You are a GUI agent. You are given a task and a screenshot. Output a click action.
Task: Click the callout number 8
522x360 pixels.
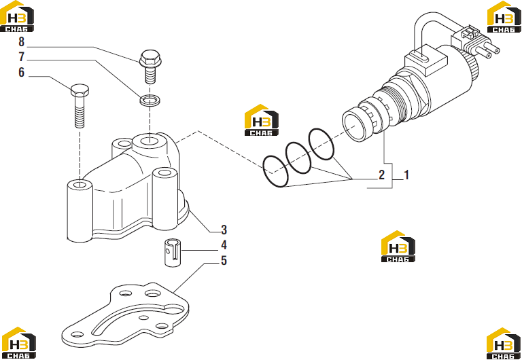pos(22,42)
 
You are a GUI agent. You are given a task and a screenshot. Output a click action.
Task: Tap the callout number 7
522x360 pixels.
pos(22,57)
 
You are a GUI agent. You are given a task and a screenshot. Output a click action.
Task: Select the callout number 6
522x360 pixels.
pos(22,72)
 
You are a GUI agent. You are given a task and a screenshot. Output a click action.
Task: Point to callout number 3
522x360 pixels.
pos(224,230)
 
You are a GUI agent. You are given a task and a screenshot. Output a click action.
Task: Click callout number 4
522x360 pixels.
pos(224,245)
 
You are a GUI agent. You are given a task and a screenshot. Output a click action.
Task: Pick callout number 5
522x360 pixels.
pos(224,261)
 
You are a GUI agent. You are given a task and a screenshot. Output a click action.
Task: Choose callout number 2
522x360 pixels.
pos(381,175)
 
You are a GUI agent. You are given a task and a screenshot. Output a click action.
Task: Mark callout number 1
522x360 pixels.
pos(406,175)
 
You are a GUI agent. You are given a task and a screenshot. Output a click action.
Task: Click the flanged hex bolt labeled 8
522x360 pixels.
pos(150,66)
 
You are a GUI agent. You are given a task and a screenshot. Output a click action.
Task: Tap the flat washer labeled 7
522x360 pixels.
pos(150,101)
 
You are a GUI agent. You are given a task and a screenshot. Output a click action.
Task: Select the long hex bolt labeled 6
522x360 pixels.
pos(80,105)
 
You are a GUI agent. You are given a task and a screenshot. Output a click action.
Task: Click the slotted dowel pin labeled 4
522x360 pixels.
pos(173,252)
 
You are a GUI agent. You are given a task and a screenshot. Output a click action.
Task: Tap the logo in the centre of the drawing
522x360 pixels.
pos(262,120)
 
